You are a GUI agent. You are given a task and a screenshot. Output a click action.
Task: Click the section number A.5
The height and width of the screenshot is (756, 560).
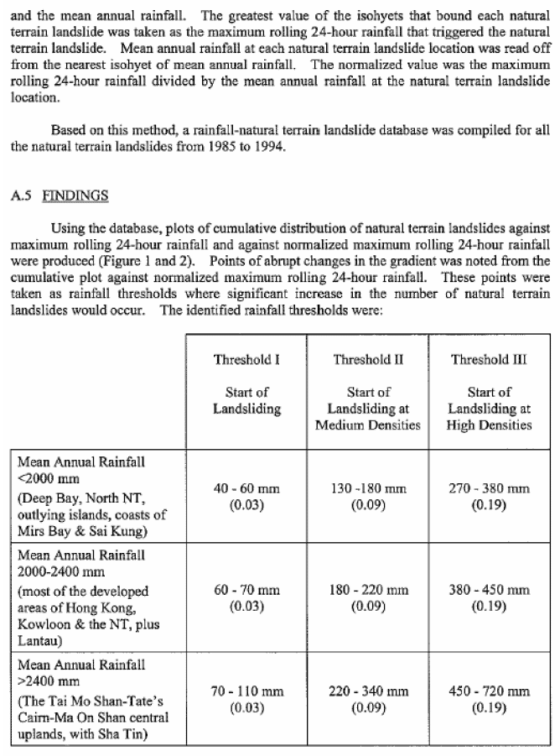[x=22, y=196]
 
